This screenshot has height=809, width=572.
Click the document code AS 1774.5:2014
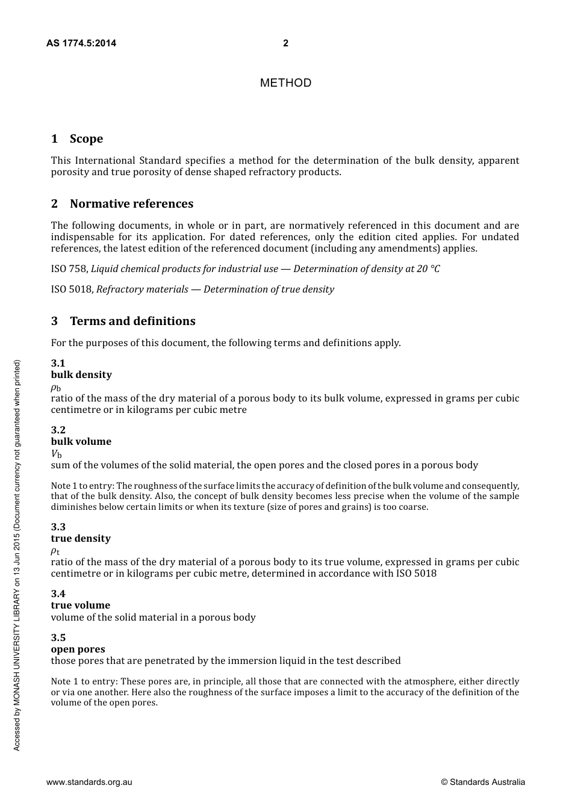[81, 43]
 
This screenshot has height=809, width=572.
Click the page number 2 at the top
[285, 43]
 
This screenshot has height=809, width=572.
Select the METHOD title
[285, 83]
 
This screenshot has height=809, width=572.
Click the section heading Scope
[86, 139]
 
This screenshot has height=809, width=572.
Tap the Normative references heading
[131, 204]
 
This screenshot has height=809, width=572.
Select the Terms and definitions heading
[132, 321]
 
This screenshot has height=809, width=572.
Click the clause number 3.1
[58, 363]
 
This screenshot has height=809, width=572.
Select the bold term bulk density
[81, 375]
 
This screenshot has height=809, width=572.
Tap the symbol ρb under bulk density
[55, 388]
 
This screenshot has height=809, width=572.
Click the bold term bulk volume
[81, 442]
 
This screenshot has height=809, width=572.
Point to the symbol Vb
[56, 454]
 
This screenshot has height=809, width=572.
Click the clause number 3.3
[58, 527]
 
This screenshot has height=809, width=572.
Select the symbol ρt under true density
[55, 551]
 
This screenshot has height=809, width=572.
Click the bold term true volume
[81, 606]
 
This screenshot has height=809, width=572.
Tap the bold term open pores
[78, 649]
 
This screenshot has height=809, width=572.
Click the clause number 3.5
[58, 638]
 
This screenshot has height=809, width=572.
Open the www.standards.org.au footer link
[89, 783]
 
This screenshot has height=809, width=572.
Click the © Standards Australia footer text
[483, 783]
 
